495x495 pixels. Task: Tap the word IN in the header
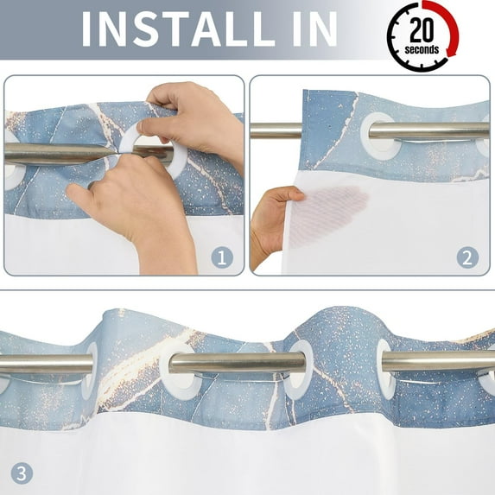[x=314, y=29]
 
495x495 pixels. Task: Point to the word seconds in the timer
[x=422, y=49]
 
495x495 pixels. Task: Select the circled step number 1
[x=222, y=257]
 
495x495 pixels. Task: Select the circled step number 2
[x=467, y=257]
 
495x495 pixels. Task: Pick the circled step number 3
[x=22, y=473]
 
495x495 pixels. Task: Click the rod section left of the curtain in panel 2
[x=276, y=130]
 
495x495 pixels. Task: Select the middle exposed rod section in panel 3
[x=238, y=363]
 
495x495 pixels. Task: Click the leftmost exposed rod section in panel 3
[x=46, y=365]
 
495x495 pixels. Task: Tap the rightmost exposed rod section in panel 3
[x=438, y=361]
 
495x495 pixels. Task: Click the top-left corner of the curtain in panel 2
[x=303, y=90]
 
